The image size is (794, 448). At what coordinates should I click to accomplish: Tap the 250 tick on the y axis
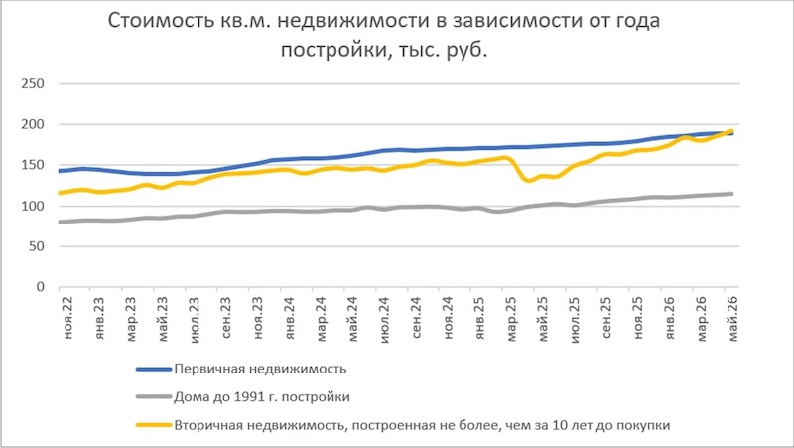[x=33, y=83]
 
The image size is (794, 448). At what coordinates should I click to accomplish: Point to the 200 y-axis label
[x=33, y=124]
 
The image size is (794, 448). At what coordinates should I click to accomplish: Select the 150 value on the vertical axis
[x=33, y=165]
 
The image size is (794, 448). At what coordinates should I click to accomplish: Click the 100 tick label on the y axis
[x=33, y=206]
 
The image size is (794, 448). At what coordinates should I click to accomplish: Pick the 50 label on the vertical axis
[x=37, y=246]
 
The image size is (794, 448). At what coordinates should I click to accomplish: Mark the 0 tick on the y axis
[x=41, y=287]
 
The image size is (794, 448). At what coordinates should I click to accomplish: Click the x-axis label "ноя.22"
[x=67, y=318]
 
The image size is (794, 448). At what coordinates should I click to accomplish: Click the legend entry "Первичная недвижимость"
[x=260, y=369]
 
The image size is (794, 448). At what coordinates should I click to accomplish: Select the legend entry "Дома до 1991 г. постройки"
[x=262, y=396]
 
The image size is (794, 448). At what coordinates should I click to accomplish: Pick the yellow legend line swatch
[x=154, y=425]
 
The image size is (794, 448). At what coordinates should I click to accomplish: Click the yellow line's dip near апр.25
[x=528, y=180]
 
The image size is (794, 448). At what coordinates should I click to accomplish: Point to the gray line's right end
[x=732, y=194]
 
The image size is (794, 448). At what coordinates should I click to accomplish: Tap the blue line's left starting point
[x=60, y=171]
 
